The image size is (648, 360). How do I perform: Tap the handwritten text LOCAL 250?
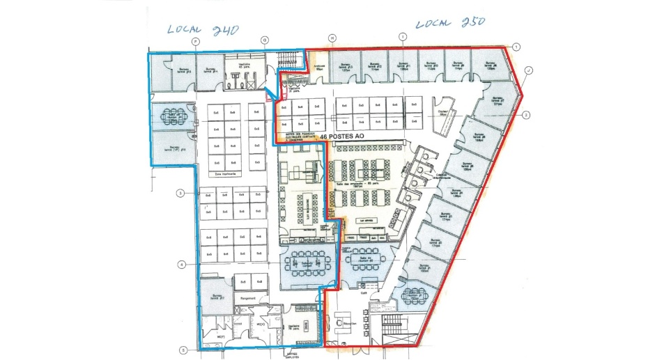(450, 22)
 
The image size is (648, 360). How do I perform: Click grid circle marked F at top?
(196, 41)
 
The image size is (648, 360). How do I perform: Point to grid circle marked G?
(265, 41)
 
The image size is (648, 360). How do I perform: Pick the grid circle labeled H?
(332, 38)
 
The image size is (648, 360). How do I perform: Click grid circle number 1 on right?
(516, 47)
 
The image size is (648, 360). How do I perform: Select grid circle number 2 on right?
(527, 115)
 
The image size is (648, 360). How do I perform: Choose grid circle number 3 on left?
(180, 193)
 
